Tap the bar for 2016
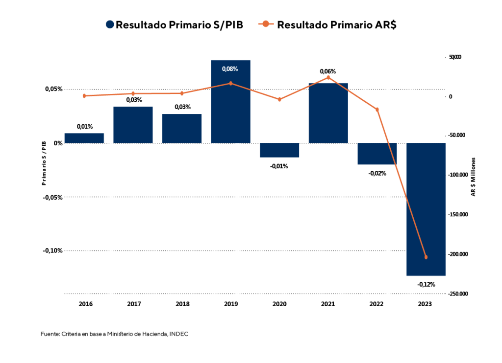[x=84, y=138]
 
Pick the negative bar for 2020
[x=279, y=150]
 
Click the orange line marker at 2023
[x=426, y=257]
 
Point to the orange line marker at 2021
[x=328, y=77]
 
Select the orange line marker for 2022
[x=377, y=110]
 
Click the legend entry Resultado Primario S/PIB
[x=174, y=25]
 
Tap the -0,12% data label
[x=426, y=284]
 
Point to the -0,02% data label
[x=377, y=173]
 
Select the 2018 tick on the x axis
[x=182, y=304]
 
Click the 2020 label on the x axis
[x=279, y=304]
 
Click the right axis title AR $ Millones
[x=474, y=177]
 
